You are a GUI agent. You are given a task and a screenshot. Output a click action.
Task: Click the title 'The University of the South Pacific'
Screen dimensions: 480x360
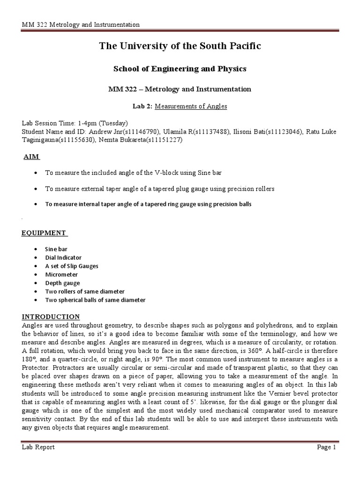[x=180, y=46]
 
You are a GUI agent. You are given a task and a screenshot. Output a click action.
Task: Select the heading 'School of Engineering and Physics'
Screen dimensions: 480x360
[x=180, y=69]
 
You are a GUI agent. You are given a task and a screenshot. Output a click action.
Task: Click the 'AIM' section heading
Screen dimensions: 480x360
[x=32, y=157]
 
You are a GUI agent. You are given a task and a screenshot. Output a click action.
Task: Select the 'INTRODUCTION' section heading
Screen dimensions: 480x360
[x=51, y=316]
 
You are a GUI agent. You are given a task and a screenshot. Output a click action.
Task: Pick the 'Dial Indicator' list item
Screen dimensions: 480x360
[x=63, y=257]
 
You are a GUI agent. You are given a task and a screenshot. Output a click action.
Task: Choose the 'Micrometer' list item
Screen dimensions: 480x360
[x=61, y=274]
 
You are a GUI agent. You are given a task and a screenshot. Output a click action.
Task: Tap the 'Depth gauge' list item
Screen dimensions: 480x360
[x=62, y=283]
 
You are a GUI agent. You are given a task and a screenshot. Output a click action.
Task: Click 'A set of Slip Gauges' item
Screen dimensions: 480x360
[x=72, y=266]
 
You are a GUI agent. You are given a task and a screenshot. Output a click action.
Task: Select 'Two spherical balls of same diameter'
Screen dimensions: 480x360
[x=95, y=300]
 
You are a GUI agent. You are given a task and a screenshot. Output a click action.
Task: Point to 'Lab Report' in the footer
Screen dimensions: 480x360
[x=38, y=447]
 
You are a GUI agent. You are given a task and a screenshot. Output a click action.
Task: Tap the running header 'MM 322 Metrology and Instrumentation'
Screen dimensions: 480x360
[x=81, y=24]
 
